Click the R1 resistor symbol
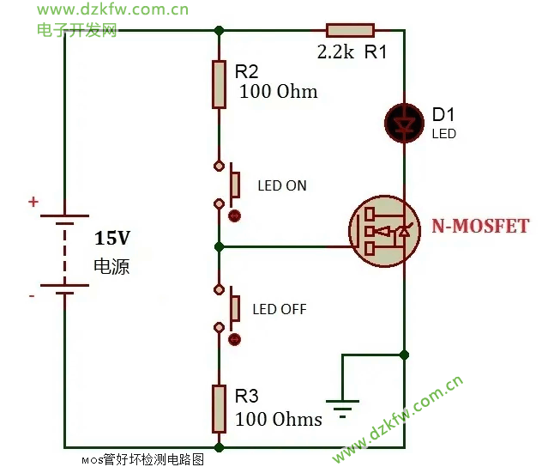(x=350, y=31)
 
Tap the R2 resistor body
(x=220, y=84)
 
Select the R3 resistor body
(x=220, y=409)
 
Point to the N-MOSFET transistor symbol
(x=383, y=231)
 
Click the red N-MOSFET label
(x=480, y=226)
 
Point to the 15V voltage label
(x=113, y=237)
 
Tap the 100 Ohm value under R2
(x=278, y=92)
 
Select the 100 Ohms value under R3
(x=280, y=420)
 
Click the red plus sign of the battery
(x=33, y=203)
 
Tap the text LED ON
(x=281, y=186)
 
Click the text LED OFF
(x=280, y=309)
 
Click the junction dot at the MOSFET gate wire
(x=220, y=247)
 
